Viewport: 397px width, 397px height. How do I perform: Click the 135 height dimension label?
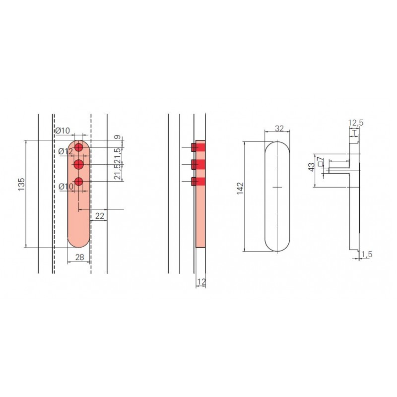click(x=21, y=184)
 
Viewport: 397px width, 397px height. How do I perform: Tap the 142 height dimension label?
click(x=240, y=189)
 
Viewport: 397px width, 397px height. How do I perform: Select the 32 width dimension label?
click(x=279, y=129)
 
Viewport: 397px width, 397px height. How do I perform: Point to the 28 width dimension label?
click(x=79, y=257)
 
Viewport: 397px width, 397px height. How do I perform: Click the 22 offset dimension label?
click(x=100, y=216)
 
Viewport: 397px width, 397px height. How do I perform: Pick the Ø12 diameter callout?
click(x=66, y=151)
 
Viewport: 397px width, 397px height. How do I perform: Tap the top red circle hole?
click(x=79, y=147)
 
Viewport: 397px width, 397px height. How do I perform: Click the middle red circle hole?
click(x=79, y=165)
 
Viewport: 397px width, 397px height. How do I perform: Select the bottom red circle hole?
click(x=79, y=182)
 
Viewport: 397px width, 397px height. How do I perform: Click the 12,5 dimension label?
click(x=355, y=123)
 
